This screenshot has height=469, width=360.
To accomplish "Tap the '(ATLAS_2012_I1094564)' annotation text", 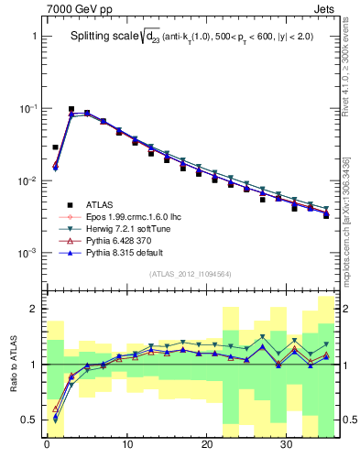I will point(191,274).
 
